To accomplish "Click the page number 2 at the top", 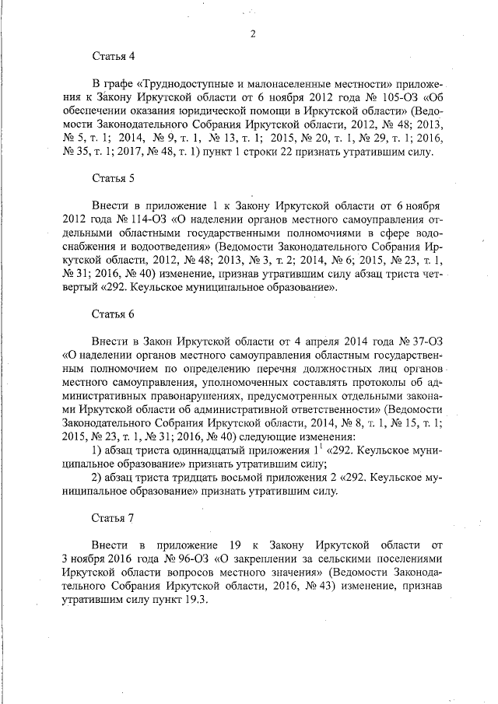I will [x=254, y=33].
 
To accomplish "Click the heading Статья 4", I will [x=114, y=56].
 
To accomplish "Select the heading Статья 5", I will [x=114, y=178].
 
